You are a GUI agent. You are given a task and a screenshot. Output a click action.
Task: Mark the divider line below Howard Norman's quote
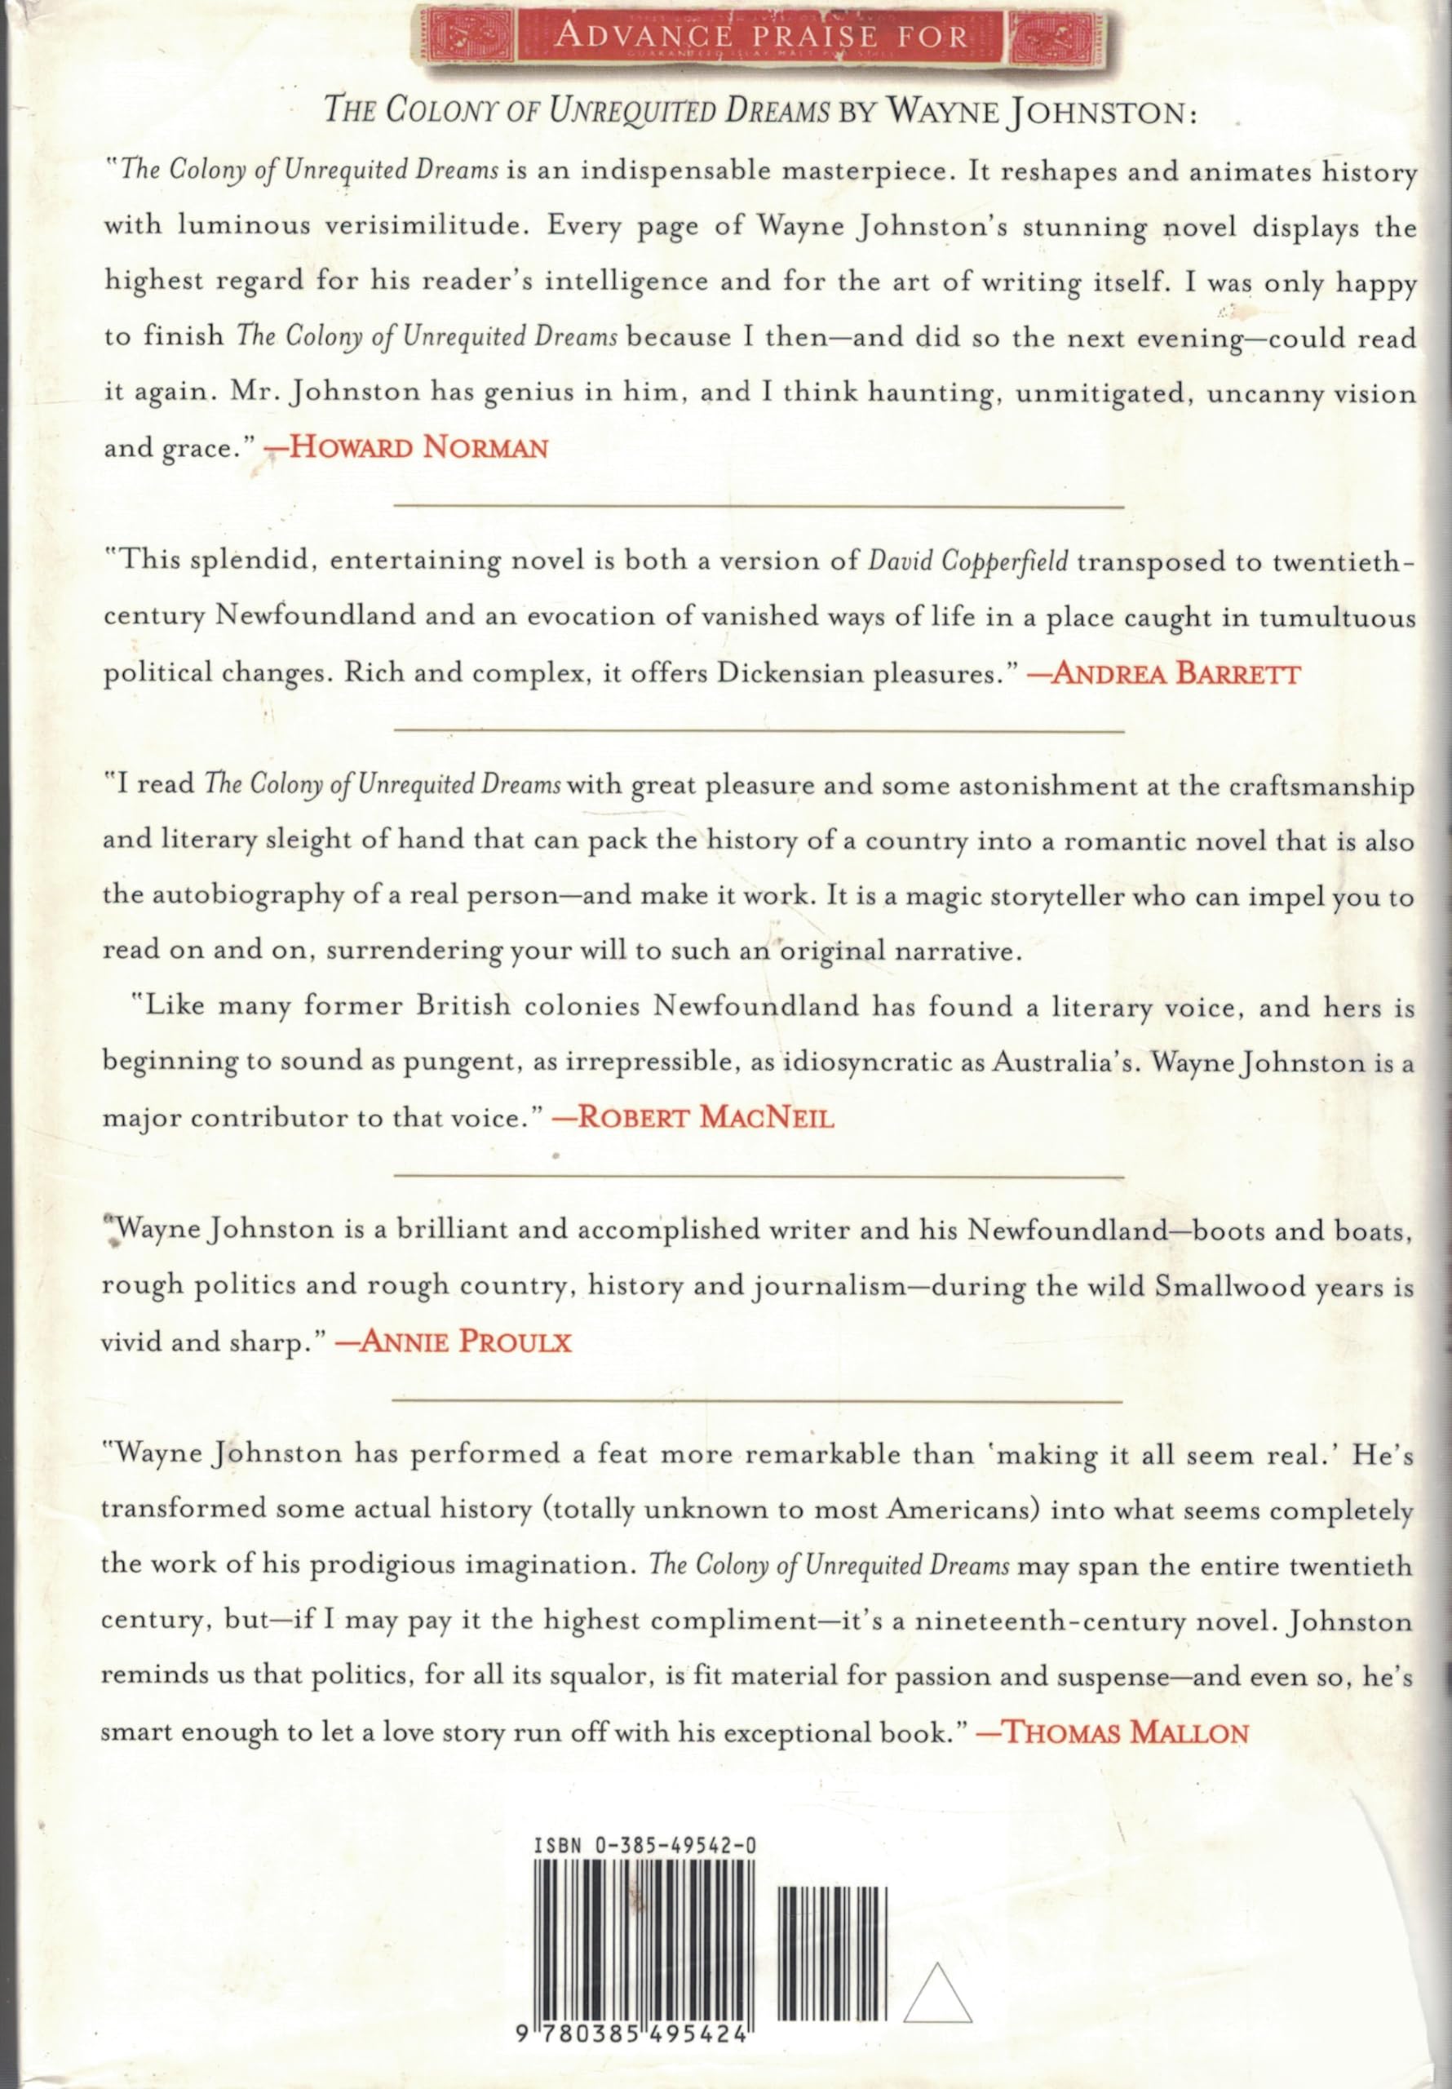point(758,505)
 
